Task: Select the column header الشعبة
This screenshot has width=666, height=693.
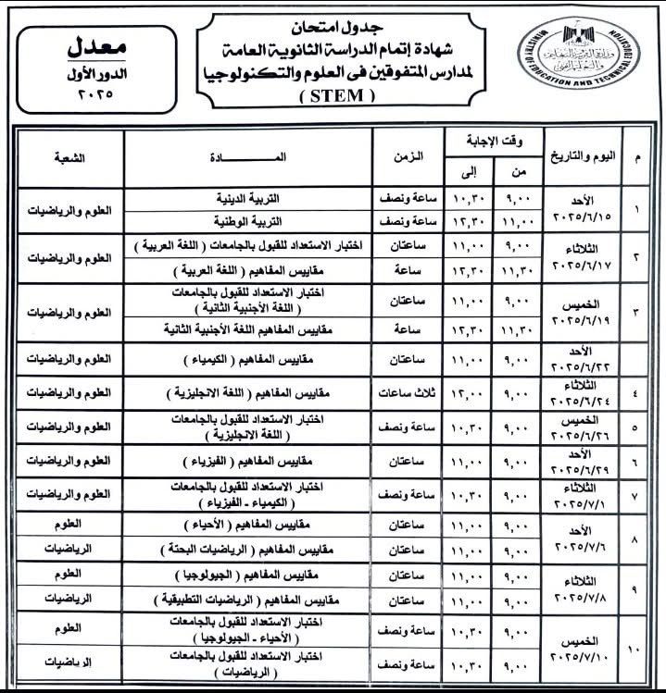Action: coord(66,157)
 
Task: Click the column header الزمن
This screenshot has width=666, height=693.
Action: coord(408,157)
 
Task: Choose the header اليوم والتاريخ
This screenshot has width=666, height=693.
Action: coord(579,157)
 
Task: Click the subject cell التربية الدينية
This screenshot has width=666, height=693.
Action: coord(278,199)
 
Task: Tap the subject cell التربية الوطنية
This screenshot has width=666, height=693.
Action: coord(278,222)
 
